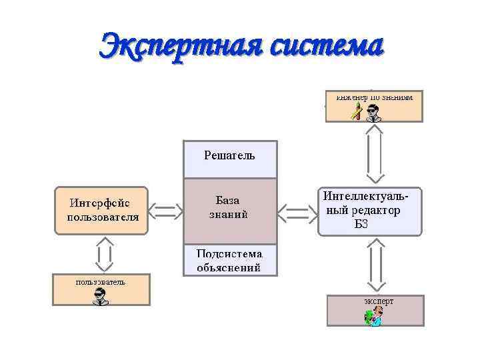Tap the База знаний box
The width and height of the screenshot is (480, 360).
pyautogui.click(x=230, y=210)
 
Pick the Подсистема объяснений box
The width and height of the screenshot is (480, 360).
pyautogui.click(x=230, y=261)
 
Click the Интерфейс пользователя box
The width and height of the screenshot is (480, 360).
pyautogui.click(x=101, y=210)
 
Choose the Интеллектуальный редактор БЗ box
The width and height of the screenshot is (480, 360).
pyautogui.click(x=370, y=211)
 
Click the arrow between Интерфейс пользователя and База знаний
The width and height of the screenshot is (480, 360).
pyautogui.click(x=165, y=211)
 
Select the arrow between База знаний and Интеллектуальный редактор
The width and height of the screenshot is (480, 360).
pyautogui.click(x=297, y=213)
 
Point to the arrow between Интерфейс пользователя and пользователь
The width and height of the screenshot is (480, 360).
pyautogui.click(x=103, y=254)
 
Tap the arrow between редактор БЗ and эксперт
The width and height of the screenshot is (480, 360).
pyautogui.click(x=374, y=266)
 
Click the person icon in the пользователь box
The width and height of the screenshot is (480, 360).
pyautogui.click(x=101, y=296)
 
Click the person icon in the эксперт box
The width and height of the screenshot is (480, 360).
pyautogui.click(x=374, y=317)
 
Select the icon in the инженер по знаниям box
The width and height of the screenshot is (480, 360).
pyautogui.click(x=366, y=112)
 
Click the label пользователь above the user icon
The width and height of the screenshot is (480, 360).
pyautogui.click(x=100, y=281)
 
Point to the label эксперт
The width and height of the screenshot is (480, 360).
pyautogui.click(x=378, y=301)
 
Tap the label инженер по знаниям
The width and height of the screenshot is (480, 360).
pyautogui.click(x=374, y=97)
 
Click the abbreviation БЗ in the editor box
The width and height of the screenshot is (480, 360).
pyautogui.click(x=361, y=224)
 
